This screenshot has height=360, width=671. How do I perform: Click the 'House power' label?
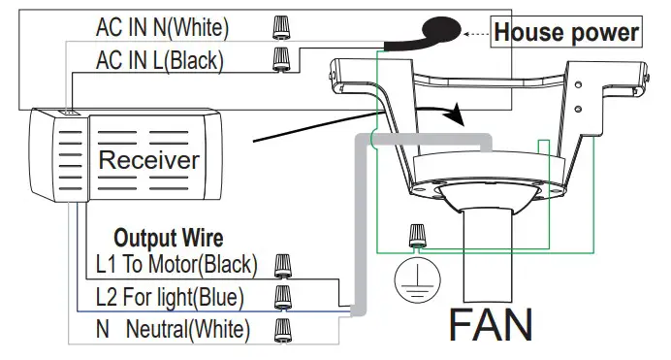click(x=566, y=32)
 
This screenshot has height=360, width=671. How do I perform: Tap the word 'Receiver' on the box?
click(x=149, y=159)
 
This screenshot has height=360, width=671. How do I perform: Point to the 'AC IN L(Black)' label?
click(x=159, y=60)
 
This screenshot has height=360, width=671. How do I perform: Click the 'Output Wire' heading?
click(x=169, y=238)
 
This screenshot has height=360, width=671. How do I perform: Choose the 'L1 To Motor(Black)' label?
click(x=176, y=264)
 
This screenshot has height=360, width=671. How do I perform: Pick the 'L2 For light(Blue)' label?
click(x=170, y=296)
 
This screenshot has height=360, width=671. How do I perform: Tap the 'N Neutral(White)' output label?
click(x=172, y=327)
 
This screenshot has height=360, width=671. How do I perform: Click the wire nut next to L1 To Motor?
click(x=283, y=264)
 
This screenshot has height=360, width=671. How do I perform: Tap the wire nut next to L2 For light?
click(x=283, y=295)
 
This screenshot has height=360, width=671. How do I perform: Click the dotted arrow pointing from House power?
click(x=474, y=33)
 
